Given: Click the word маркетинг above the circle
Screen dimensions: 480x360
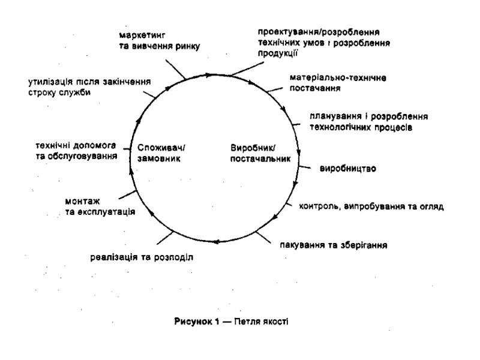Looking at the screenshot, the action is (x=140, y=35).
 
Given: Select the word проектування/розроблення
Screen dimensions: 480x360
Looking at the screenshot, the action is (x=320, y=32).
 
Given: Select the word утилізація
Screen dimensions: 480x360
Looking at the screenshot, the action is (x=52, y=82).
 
